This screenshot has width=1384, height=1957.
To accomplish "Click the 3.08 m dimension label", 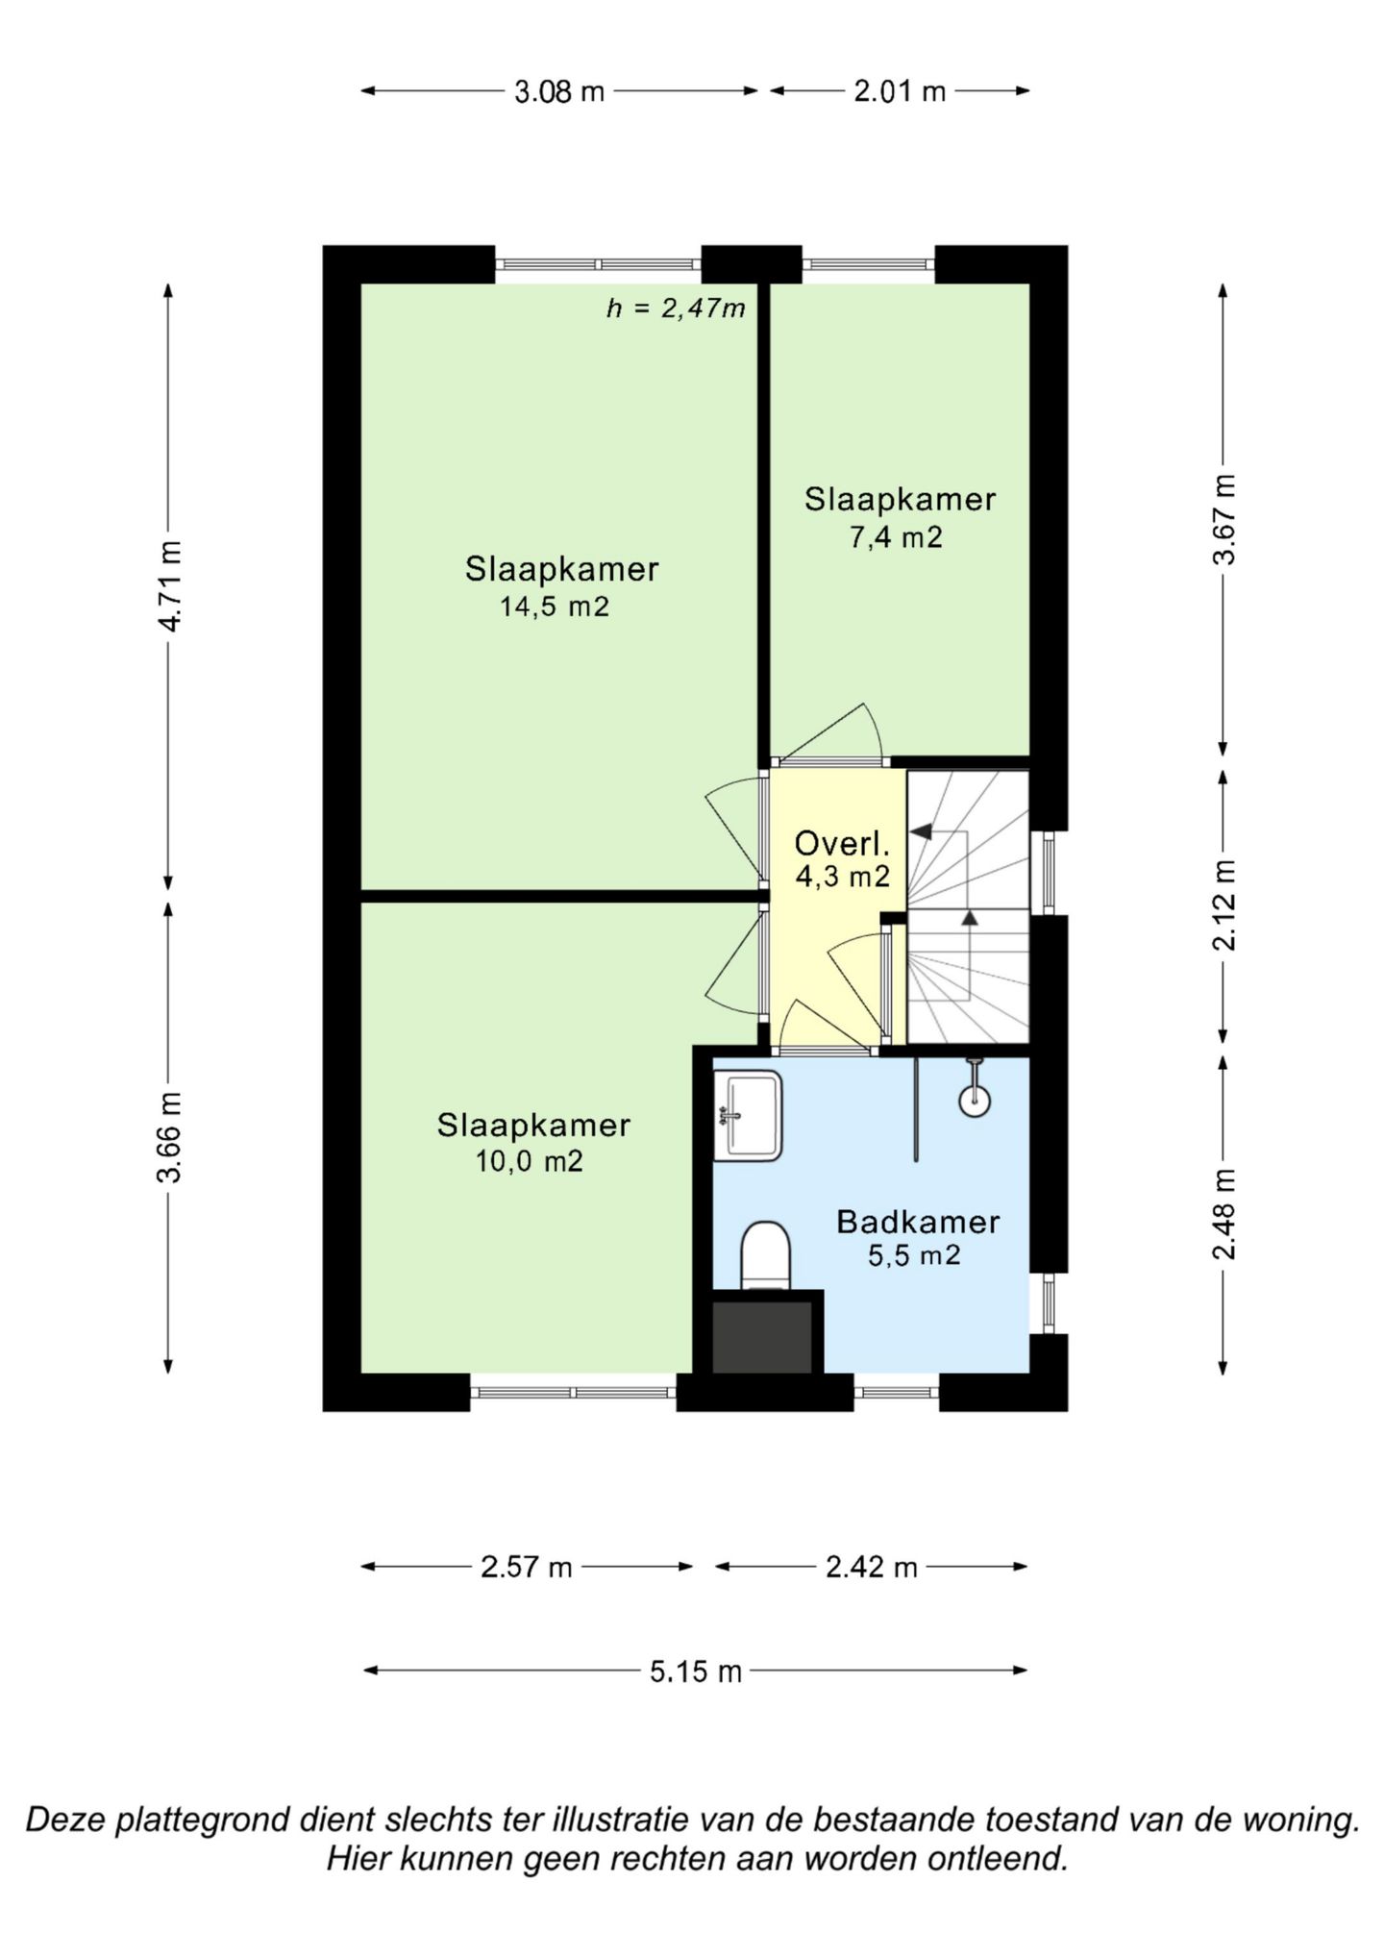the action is pyautogui.click(x=559, y=91).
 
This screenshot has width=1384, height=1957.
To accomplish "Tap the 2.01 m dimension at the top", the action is pyautogui.click(x=900, y=91).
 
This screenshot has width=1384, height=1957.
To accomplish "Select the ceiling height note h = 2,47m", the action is pyautogui.click(x=677, y=309).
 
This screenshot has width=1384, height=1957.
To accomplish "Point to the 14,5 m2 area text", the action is pyautogui.click(x=555, y=607).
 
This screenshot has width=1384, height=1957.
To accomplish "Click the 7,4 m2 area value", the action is pyautogui.click(x=896, y=537).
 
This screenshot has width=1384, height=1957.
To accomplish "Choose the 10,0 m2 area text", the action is pyautogui.click(x=530, y=1161).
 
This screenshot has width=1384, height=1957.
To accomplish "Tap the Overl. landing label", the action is pyautogui.click(x=842, y=844).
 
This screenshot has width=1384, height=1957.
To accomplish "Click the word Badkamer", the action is pyautogui.click(x=918, y=1222).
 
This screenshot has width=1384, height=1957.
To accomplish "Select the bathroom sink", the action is pyautogui.click(x=748, y=1115).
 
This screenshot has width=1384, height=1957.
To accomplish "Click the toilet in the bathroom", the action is pyautogui.click(x=765, y=1255).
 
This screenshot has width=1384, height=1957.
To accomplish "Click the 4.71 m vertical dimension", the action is pyautogui.click(x=170, y=586).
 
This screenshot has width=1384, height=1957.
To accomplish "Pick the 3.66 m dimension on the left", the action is pyautogui.click(x=170, y=1137).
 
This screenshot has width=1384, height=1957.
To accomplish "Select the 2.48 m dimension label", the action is pyautogui.click(x=1223, y=1214).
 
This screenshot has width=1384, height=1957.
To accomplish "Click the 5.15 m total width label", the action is pyautogui.click(x=696, y=1672).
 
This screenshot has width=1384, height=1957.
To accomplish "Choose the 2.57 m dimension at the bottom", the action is pyautogui.click(x=527, y=1568).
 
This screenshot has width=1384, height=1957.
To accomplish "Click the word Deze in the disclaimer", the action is pyautogui.click(x=65, y=1820).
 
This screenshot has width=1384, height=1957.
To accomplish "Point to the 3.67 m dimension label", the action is pyautogui.click(x=1223, y=520).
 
